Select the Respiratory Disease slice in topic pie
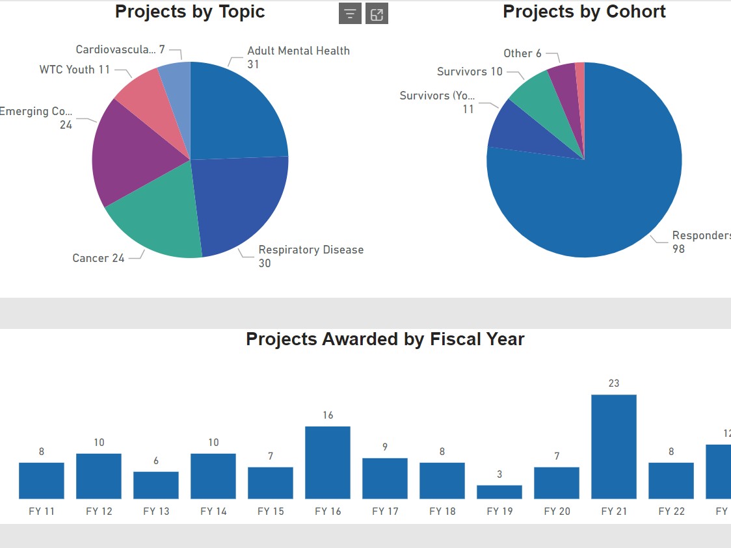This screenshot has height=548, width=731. pos(237,202)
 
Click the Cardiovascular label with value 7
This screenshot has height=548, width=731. pos(120,50)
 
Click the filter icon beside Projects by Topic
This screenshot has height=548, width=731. pos(350,14)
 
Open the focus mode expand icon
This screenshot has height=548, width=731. pos(377,14)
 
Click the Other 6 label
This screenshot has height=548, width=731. pos(522,53)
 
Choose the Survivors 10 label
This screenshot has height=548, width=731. pos(470,72)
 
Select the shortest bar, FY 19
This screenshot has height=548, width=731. pos(499,491)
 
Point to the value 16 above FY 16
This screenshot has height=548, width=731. pos(328,415)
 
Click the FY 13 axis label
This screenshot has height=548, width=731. pos(156,511)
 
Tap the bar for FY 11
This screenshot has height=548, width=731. pos(42,480)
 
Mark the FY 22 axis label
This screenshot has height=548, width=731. pos(671,511)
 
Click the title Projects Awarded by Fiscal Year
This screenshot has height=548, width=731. pos(385,339)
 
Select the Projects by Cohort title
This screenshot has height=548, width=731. pos(584,12)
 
